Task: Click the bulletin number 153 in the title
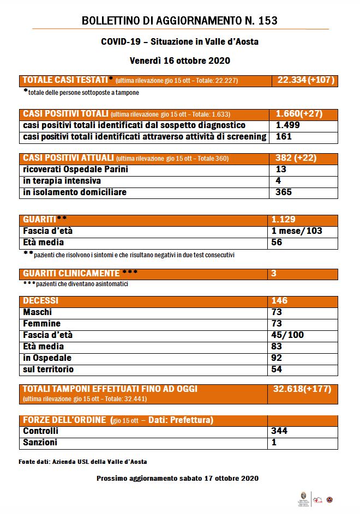click(x=265, y=21)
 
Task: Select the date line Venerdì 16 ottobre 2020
click(x=180, y=60)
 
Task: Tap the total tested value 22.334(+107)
click(x=305, y=80)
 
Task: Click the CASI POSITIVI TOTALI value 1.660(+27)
click(x=299, y=114)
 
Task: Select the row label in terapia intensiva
click(x=62, y=180)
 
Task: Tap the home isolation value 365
click(x=284, y=192)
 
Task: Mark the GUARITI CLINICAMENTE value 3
click(x=274, y=273)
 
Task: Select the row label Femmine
click(x=42, y=323)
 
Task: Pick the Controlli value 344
click(x=279, y=431)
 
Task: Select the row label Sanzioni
click(x=40, y=443)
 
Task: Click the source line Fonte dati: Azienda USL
click(x=82, y=462)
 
